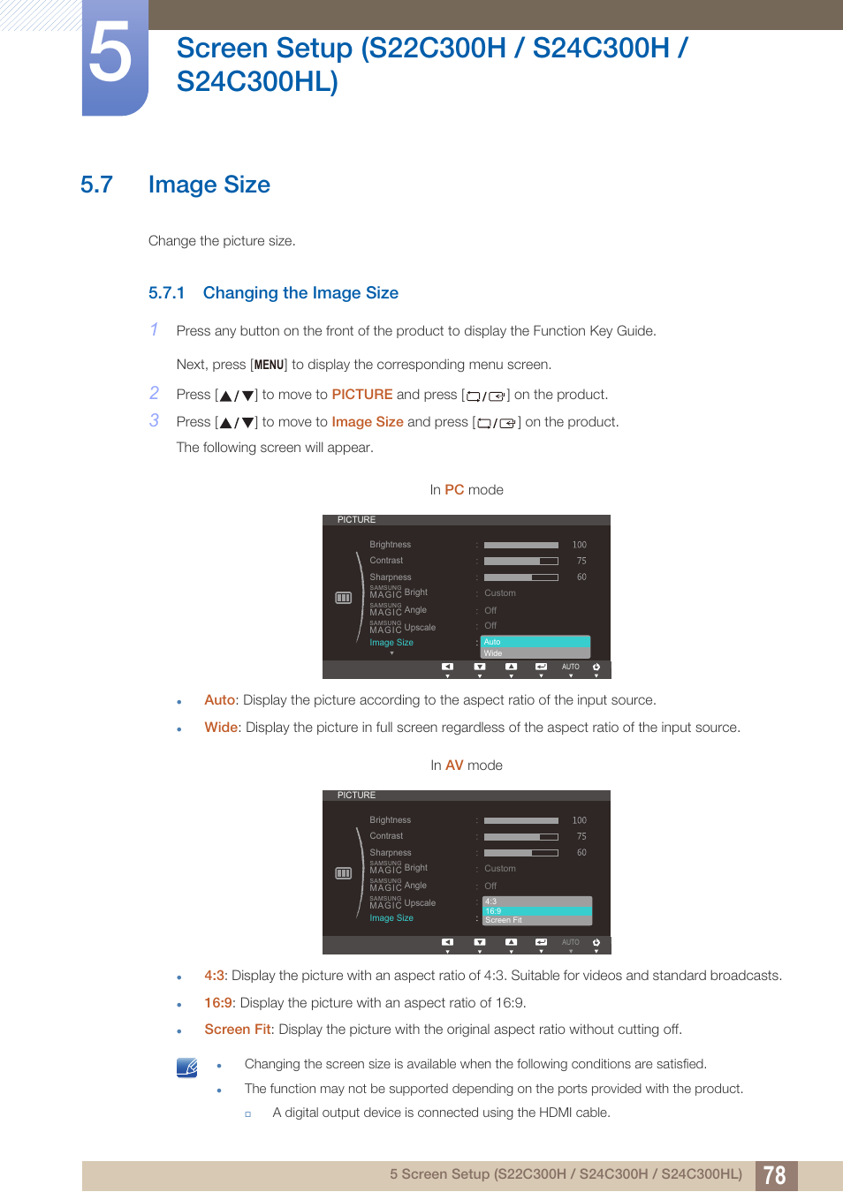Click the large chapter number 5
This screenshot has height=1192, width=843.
[112, 55]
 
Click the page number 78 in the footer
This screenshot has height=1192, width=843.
[775, 1175]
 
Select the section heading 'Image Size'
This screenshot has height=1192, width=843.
[209, 185]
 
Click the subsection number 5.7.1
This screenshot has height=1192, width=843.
[166, 293]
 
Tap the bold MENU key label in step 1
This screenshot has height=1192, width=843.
[269, 365]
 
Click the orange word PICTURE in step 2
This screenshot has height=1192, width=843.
[361, 395]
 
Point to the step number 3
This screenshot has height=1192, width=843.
[155, 421]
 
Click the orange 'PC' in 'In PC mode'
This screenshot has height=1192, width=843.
[454, 490]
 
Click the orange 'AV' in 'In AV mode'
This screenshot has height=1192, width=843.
[454, 766]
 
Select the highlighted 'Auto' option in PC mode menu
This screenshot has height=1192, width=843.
[535, 642]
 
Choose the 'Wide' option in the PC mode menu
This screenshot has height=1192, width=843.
[535, 653]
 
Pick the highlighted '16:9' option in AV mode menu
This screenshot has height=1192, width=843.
[536, 911]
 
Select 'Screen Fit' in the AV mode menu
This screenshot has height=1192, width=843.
[536, 920]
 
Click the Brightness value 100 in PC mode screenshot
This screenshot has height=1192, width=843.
[579, 545]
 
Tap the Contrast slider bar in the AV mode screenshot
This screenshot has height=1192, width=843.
[520, 836]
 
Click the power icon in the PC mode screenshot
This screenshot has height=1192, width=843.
[596, 668]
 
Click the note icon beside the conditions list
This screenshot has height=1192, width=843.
[187, 1068]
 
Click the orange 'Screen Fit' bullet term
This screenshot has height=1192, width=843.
[238, 1030]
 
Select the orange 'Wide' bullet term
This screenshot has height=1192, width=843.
[221, 728]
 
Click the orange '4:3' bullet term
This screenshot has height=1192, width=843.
[215, 976]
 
